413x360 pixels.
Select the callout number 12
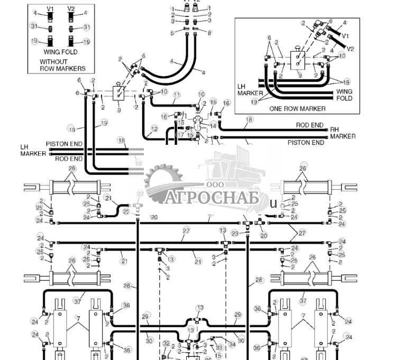[x=154, y=128]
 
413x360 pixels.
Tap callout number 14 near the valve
[x=213, y=126]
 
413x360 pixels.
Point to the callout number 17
[x=180, y=134]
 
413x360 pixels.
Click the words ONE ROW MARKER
[x=297, y=108]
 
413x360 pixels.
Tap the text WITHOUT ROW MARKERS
[x=62, y=65]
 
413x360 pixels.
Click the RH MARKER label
[x=342, y=133]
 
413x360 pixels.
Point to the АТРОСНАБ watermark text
[x=211, y=198]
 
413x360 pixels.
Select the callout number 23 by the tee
[x=126, y=211]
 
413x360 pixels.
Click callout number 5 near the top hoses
[x=172, y=33]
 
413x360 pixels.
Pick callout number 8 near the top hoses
[x=209, y=33]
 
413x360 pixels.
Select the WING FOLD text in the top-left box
[x=60, y=52]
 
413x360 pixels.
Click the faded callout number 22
[x=140, y=194]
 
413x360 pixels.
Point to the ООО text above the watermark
[x=215, y=185]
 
